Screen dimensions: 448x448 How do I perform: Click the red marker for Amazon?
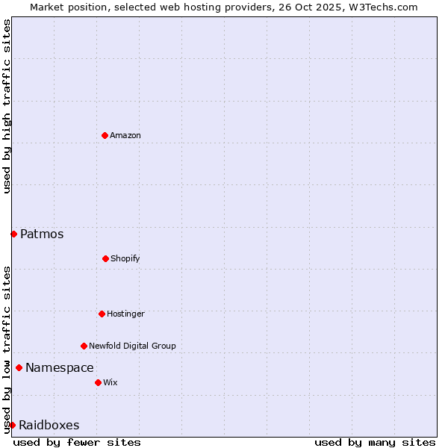105,135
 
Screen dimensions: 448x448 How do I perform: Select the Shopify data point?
105,258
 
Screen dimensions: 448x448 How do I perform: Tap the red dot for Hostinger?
102,314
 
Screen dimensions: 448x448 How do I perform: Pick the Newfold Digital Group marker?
84,346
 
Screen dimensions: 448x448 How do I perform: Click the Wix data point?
98,382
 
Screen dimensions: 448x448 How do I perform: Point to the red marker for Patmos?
13,234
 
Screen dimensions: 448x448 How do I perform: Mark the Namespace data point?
19,367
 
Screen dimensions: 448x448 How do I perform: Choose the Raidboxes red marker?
12,425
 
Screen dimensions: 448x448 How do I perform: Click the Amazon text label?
125,135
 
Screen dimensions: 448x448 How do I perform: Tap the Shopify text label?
125,258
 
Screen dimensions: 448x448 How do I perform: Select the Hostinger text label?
125,314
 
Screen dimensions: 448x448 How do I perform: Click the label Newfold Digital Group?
132,346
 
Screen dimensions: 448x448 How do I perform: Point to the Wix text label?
111,382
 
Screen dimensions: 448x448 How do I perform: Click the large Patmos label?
42,234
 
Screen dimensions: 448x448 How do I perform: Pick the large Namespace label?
60,367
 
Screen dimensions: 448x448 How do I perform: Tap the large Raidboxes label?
49,425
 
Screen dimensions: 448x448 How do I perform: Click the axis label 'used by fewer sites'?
77,442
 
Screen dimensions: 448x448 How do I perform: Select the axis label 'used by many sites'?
375,442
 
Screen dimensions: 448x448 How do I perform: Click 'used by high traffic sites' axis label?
7,107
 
